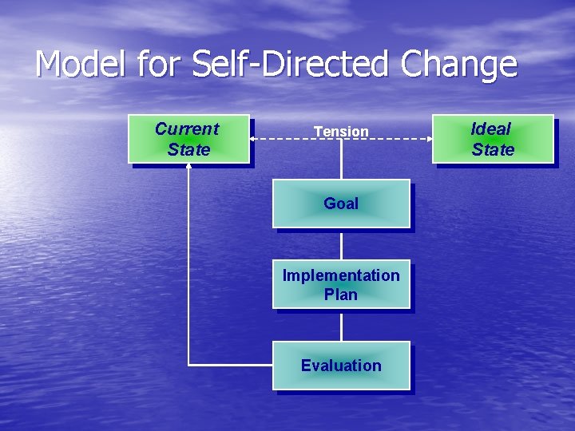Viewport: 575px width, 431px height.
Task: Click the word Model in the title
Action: pos(80,65)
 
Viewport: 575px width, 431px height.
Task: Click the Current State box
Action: pos(188,139)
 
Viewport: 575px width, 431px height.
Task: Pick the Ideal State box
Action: pos(493,139)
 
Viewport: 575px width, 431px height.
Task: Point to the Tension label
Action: pos(341,132)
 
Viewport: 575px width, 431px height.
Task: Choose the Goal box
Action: pos(341,204)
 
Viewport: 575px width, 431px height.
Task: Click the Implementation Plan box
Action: pos(341,284)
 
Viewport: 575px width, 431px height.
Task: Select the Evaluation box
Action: pos(341,366)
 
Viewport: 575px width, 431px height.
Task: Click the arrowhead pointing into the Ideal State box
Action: pos(429,139)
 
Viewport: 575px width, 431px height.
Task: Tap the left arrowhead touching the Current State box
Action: pos(253,139)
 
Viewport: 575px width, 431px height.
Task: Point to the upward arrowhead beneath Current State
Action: pos(188,167)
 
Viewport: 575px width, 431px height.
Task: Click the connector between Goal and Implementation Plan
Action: pos(341,244)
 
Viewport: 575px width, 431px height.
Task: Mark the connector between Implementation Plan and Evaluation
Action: pos(341,325)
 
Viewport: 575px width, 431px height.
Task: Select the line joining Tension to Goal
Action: pos(341,160)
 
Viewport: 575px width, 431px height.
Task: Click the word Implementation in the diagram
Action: pos(341,275)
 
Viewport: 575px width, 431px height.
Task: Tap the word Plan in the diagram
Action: pos(341,295)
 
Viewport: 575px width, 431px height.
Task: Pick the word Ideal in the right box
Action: pos(491,129)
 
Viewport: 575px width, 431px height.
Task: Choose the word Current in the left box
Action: pos(187,129)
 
